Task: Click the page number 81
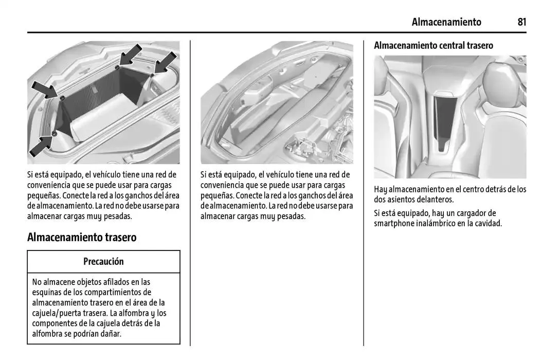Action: [x=522, y=22]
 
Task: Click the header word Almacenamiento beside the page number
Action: [x=446, y=22]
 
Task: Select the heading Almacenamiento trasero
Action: [x=82, y=237]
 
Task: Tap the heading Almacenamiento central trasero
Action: [x=433, y=45]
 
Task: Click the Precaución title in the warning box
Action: [x=103, y=261]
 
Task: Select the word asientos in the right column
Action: [x=403, y=199]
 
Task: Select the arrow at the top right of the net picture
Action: [x=166, y=64]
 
